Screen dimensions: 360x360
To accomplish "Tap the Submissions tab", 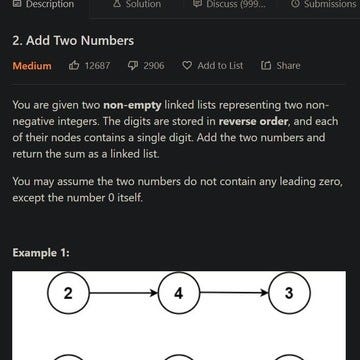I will pyautogui.click(x=325, y=5).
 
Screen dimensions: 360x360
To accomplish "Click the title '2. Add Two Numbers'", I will pyautogui.click(x=72, y=43).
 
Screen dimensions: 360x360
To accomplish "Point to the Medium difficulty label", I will pyautogui.click(x=32, y=67).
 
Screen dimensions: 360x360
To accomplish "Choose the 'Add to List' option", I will pyautogui.click(x=212, y=67).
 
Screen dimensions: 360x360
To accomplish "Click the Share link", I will pyautogui.click(x=280, y=67).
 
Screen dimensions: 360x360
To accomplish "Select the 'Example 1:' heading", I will pyautogui.click(x=42, y=251).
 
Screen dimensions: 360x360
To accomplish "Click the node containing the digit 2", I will pyautogui.click(x=68, y=294).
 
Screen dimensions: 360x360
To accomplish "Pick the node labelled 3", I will pyautogui.click(x=289, y=294).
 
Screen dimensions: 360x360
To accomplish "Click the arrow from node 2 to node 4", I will pyautogui.click(x=122, y=294).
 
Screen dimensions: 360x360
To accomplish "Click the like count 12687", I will pyautogui.click(x=98, y=67).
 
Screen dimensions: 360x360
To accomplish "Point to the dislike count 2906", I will pyautogui.click(x=154, y=67).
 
